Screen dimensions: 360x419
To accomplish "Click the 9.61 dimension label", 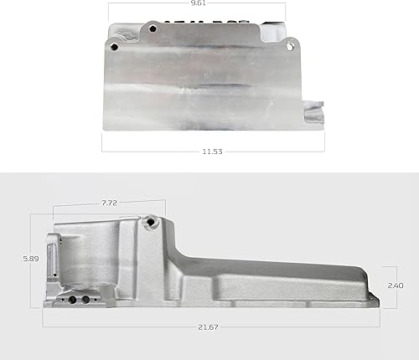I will [x=199, y=4].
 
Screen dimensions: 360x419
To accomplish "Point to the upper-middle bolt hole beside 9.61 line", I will [x=153, y=28].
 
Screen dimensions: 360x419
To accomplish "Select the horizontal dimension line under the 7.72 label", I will [x=109, y=210].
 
